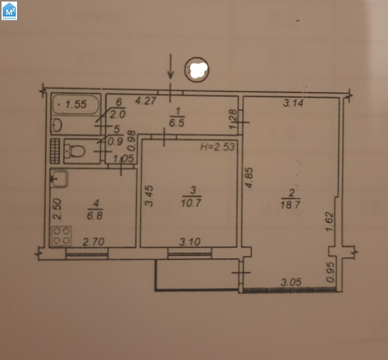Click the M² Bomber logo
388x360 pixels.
pyautogui.click(x=9, y=11)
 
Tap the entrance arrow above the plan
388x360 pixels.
pyautogui.click(x=171, y=66)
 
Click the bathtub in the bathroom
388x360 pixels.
pyautogui.click(x=76, y=104)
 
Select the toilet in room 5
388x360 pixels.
pyautogui.click(x=75, y=151)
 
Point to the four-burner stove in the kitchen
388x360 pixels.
pyautogui.click(x=62, y=236)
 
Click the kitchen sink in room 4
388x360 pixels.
pyautogui.click(x=59, y=179)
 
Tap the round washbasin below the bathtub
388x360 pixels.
pyautogui.click(x=58, y=125)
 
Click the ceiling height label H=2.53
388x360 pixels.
pyautogui.click(x=217, y=146)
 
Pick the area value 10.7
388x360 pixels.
pyautogui.click(x=191, y=203)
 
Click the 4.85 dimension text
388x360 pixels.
pyautogui.click(x=249, y=178)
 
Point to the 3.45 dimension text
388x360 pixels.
pyautogui.click(x=149, y=196)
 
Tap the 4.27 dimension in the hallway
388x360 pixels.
pyautogui.click(x=146, y=101)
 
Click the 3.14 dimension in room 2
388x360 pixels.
pyautogui.click(x=293, y=103)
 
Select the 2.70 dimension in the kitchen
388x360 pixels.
pyautogui.click(x=94, y=242)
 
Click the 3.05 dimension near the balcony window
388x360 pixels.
pyautogui.click(x=291, y=282)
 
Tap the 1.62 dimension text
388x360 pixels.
pyautogui.click(x=329, y=222)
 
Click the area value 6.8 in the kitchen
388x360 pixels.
pyautogui.click(x=95, y=216)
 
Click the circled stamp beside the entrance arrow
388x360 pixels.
pyautogui.click(x=197, y=70)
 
